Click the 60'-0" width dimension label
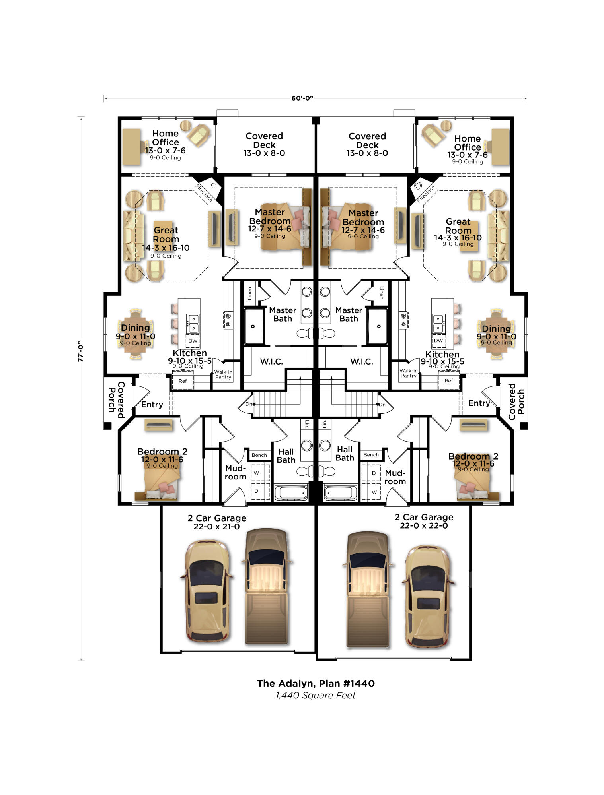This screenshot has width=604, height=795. point(302,98)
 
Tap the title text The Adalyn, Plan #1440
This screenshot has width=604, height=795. point(316,683)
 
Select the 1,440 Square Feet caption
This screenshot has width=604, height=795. point(316,696)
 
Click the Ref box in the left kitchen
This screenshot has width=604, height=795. point(183,381)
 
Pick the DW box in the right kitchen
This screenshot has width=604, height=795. point(438,341)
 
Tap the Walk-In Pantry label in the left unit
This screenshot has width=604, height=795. point(223,374)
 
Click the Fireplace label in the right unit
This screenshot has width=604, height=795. point(426,194)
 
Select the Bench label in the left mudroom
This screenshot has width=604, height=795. point(259,455)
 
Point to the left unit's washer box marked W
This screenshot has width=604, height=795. point(257,473)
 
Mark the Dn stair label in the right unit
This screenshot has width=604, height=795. point(382,405)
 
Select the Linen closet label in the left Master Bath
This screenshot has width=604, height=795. point(250,293)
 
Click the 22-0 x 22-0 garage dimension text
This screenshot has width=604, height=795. point(424,526)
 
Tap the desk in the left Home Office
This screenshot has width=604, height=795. point(131,147)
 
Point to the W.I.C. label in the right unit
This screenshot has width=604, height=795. point(361,362)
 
